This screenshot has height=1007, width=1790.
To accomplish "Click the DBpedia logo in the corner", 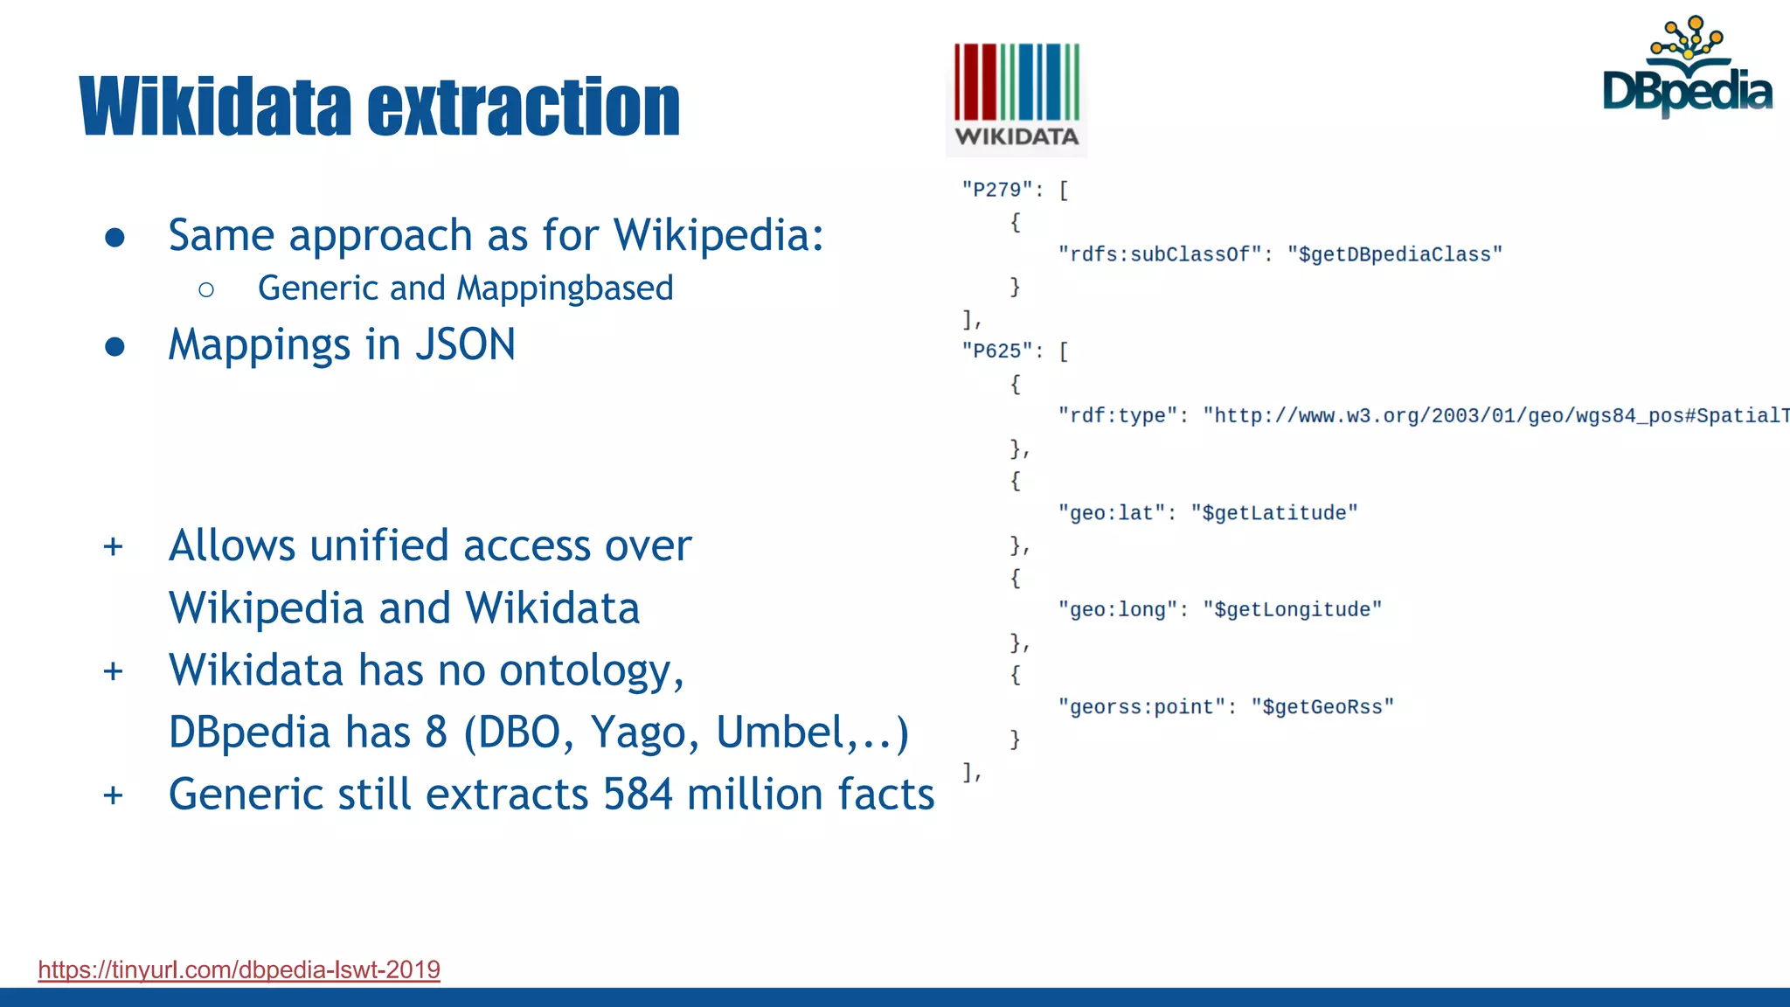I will pos(1687,70).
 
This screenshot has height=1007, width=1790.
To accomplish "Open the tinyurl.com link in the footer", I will pos(239,969).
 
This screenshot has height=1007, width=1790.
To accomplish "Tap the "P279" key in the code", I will pos(996,190).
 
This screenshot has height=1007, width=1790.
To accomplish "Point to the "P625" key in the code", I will pos(996,351).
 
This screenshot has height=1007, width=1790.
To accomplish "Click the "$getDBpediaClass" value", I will pos(1394,254).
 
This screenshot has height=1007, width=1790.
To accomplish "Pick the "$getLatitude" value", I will pos(1273,513).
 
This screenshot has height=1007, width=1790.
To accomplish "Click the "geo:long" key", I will pos(1117,610).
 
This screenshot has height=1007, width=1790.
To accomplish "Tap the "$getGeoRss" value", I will pos(1322,707).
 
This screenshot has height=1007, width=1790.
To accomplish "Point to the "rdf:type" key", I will pos(1117,416).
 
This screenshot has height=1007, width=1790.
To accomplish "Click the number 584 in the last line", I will pos(638,795).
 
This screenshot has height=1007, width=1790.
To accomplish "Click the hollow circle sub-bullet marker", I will pos(206,290).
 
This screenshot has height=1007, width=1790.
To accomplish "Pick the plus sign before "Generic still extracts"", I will pos(113,795).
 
